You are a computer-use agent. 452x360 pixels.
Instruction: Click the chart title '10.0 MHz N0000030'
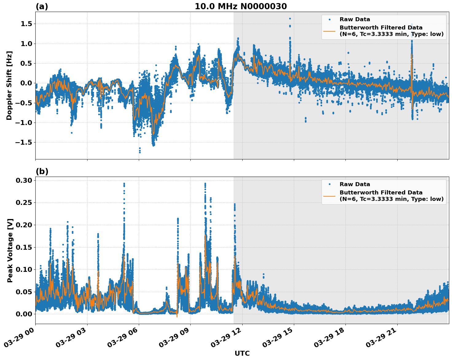tap(241, 6)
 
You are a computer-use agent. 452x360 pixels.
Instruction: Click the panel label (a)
tap(42, 6)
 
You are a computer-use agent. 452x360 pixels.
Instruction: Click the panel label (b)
tap(42, 171)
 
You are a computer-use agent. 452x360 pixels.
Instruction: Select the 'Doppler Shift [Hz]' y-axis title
tap(9, 85)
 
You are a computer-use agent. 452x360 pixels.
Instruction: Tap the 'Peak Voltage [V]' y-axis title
tap(10, 250)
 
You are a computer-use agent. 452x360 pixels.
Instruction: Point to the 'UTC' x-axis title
tap(242, 353)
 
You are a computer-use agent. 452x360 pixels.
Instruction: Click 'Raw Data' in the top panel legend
tap(355, 19)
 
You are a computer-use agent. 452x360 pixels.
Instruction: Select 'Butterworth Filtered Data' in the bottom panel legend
tap(381, 193)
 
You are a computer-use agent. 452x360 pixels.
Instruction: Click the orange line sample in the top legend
tap(329, 31)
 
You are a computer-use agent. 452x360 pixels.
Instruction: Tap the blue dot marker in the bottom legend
tap(329, 184)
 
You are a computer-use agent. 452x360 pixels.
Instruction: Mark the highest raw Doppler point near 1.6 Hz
tap(290, 19)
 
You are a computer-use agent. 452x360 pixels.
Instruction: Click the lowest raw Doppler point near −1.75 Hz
tap(140, 152)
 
